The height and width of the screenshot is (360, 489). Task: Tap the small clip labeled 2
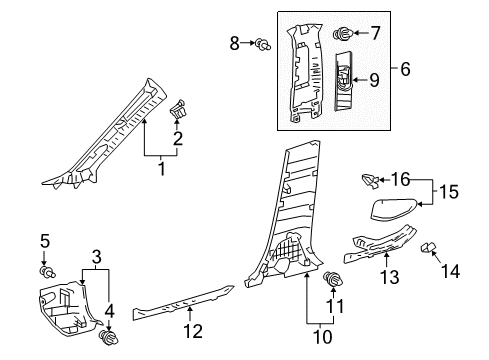pos(178,107)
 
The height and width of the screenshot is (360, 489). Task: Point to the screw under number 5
pos(45,272)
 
